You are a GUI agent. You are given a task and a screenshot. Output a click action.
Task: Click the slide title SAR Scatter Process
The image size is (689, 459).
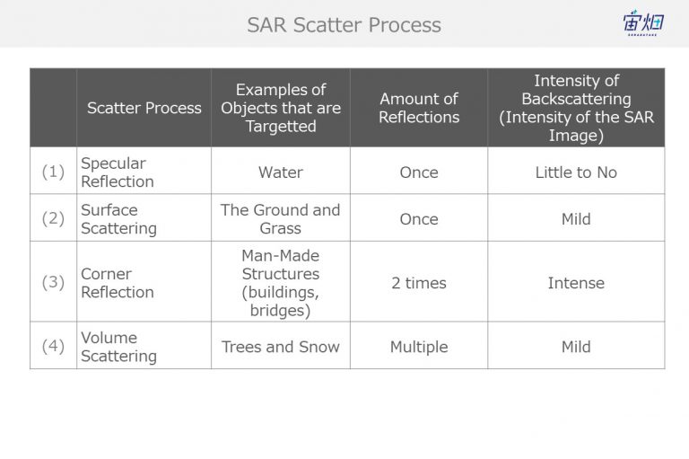(344, 24)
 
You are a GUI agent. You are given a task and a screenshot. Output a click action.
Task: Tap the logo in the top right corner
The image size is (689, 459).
(643, 22)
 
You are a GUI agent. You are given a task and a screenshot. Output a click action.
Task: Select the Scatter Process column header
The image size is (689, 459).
(144, 108)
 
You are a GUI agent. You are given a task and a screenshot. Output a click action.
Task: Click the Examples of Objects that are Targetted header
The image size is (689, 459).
(281, 108)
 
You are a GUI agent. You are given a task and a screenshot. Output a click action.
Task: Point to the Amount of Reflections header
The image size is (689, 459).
(419, 108)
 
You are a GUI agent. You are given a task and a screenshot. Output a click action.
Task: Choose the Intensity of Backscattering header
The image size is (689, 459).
(576, 108)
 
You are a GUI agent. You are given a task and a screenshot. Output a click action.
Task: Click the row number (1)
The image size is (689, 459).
(53, 172)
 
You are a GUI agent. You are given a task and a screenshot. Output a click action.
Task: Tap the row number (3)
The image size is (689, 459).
(53, 282)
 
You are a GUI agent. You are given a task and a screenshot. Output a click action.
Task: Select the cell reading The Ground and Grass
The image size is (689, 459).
(280, 219)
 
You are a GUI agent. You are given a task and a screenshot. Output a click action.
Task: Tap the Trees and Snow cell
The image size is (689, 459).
(280, 347)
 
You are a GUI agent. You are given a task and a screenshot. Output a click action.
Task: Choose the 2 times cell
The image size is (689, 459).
(419, 283)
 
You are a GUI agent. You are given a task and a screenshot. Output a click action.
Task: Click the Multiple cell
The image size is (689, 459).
(419, 347)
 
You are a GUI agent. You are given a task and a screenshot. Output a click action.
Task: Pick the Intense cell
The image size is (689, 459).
(576, 283)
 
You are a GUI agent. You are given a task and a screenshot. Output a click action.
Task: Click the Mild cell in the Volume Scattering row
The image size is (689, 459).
(576, 347)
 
